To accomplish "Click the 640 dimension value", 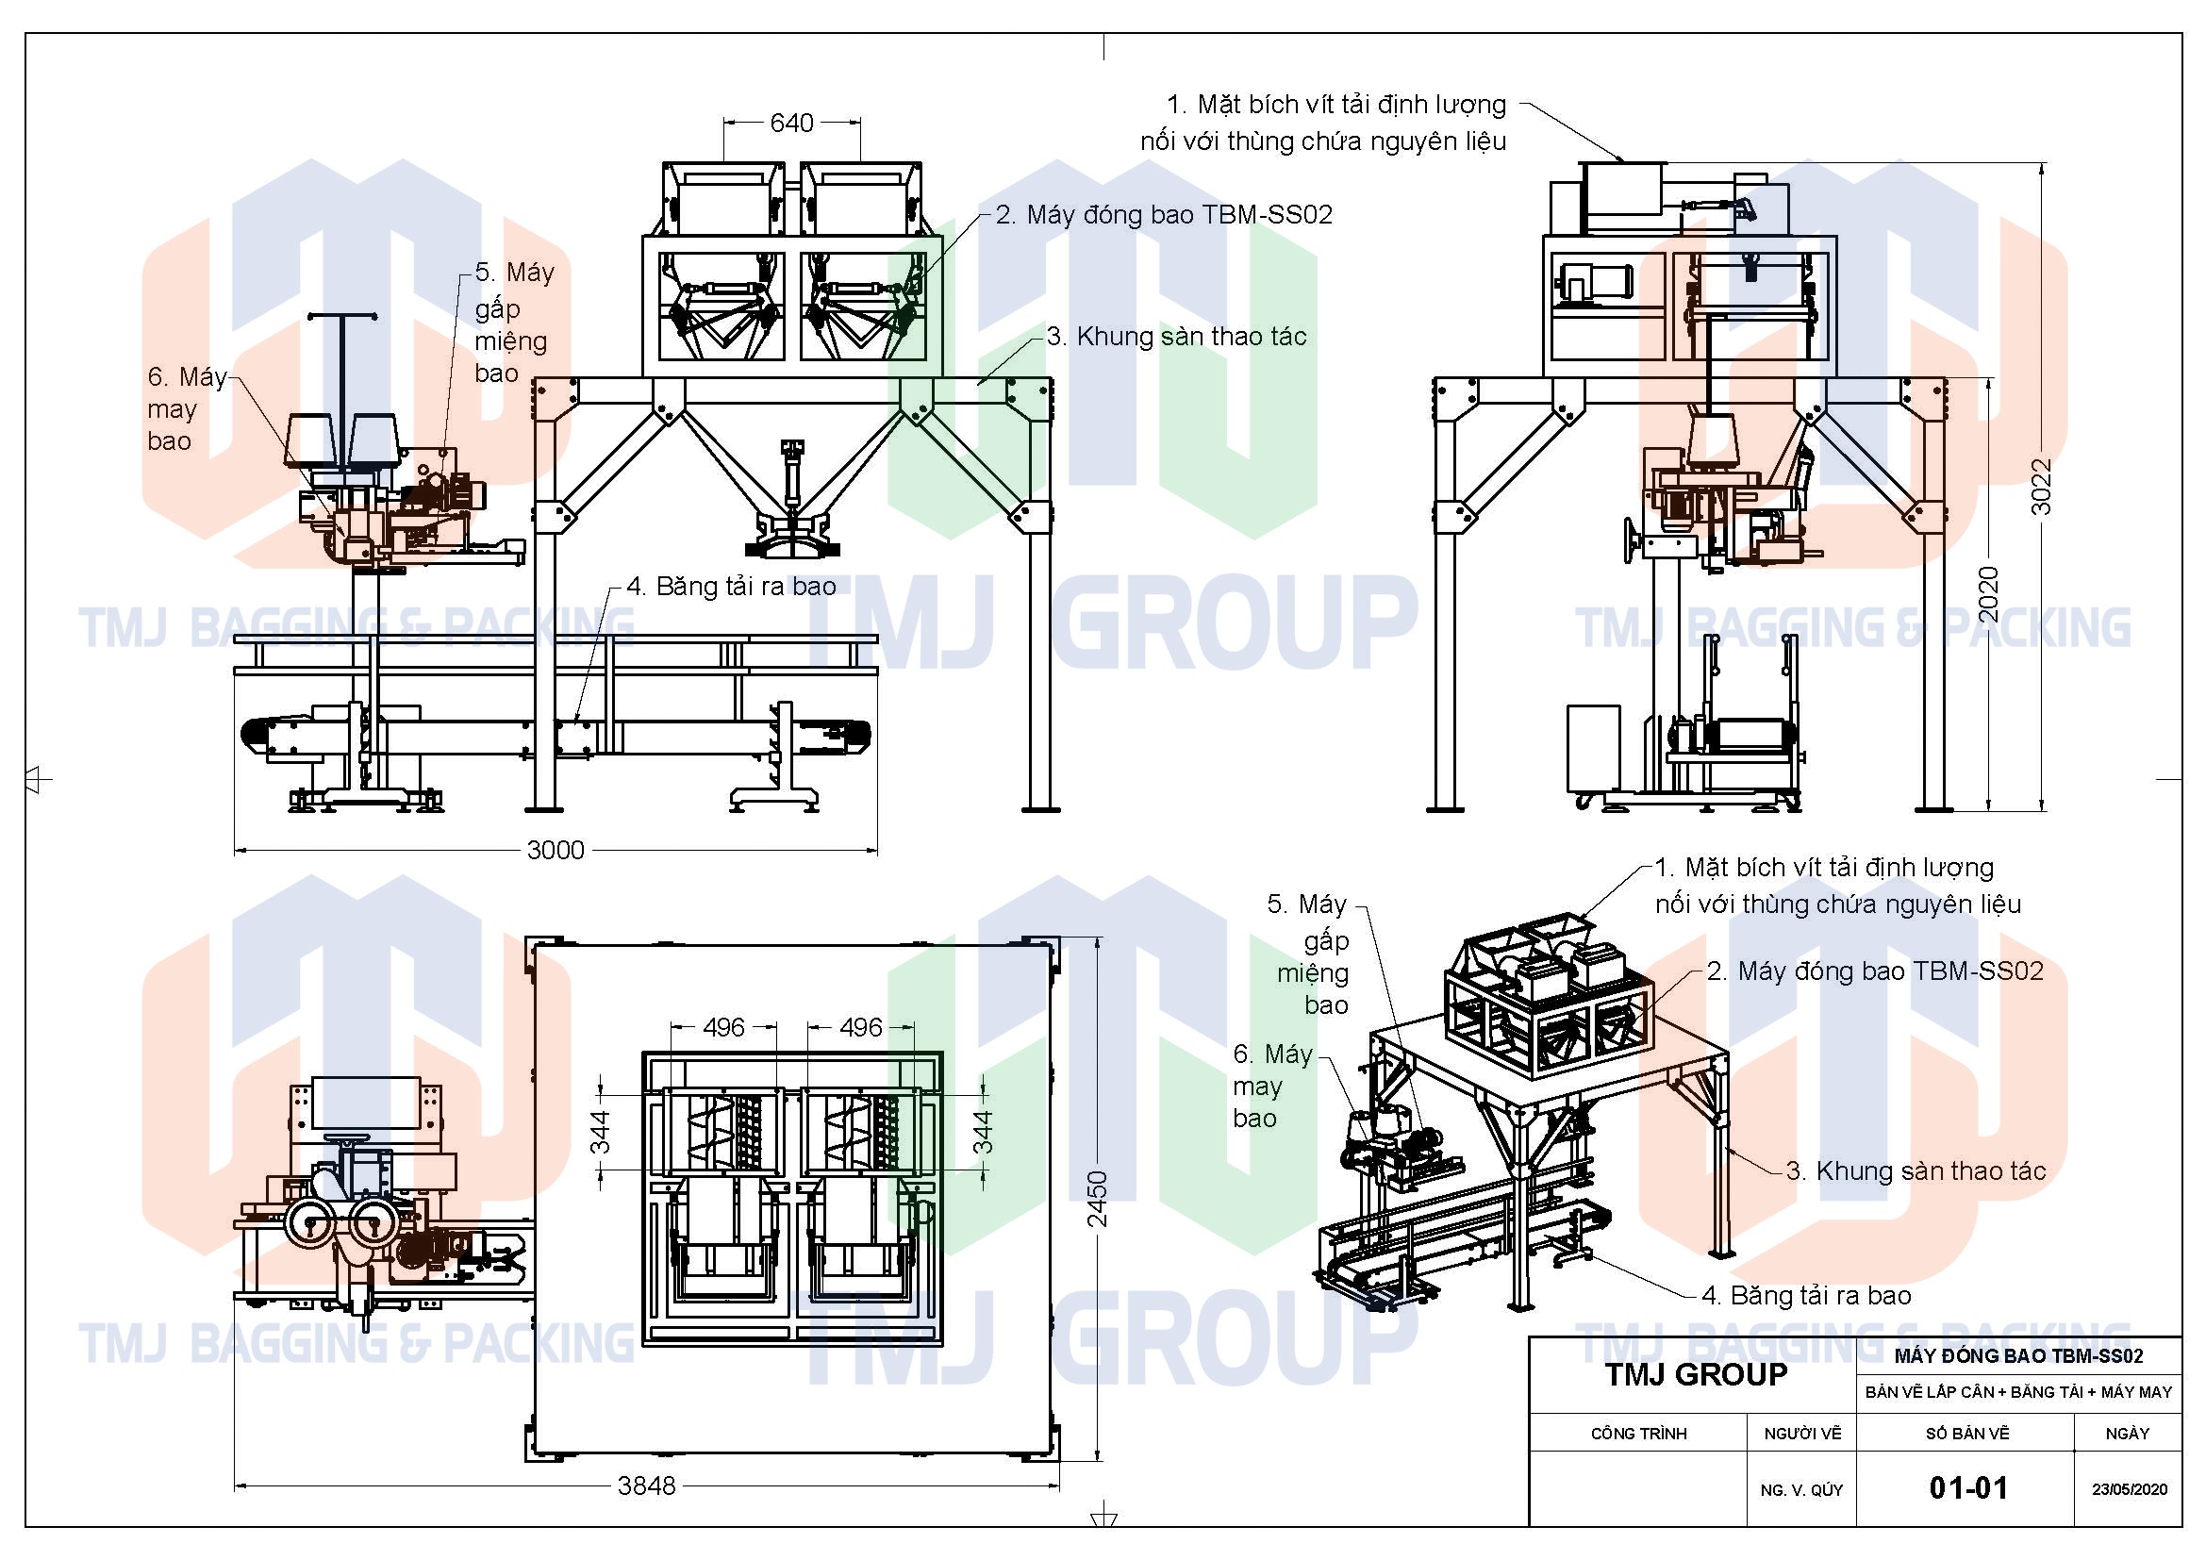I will pos(790,123).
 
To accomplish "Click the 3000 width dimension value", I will pos(556,850).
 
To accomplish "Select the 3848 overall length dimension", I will pos(647,1486).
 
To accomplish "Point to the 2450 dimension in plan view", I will pos(1097,1198).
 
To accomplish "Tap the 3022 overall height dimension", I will pos(2041,486).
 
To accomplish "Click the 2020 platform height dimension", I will pos(1988,593).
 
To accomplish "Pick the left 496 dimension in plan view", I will pos(723,1027).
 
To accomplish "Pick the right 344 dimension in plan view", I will pos(983,1131).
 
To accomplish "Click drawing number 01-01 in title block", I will pos(1967,1488).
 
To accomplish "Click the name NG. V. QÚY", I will pos(1801,1490).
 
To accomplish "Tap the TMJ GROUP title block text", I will pos(1696,1374).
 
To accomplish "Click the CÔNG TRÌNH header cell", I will pos(1638,1434).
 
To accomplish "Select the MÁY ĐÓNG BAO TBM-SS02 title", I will pos(2018,1356).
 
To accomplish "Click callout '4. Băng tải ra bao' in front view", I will pos(731,586).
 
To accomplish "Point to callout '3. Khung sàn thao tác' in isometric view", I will pos(1916,1171).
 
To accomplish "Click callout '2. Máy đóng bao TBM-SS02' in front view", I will pos(1164,214).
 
